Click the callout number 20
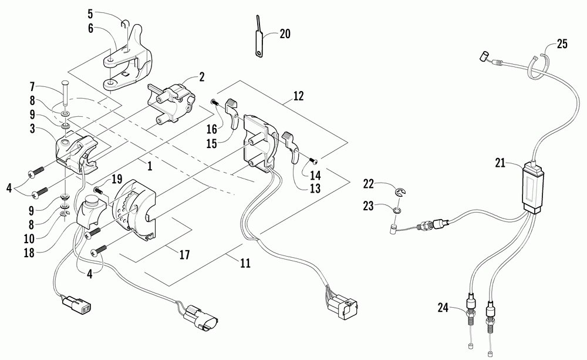pyautogui.click(x=285, y=33)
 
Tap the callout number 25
pyautogui.click(x=562, y=44)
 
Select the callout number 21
pyautogui.click(x=500, y=163)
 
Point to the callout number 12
pyautogui.click(x=298, y=96)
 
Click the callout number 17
pyautogui.click(x=184, y=255)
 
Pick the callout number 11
pyautogui.click(x=245, y=263)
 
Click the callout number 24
pyautogui.click(x=443, y=308)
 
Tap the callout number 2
pyautogui.click(x=202, y=77)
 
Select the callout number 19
pyautogui.click(x=117, y=179)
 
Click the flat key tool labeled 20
pyautogui.click(x=258, y=38)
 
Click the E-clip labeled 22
pyautogui.click(x=401, y=192)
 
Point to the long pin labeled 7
pyautogui.click(x=65, y=99)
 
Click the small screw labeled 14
pyautogui.click(x=313, y=161)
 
